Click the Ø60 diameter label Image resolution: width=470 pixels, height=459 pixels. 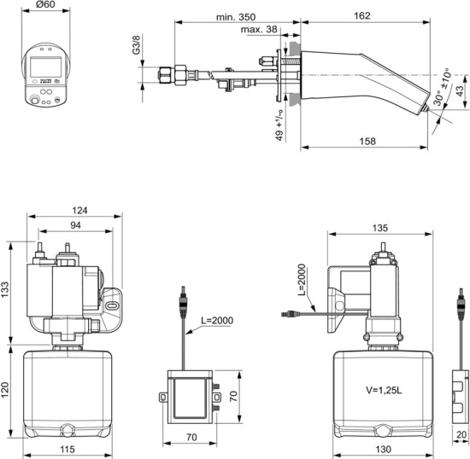tap(46, 6)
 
